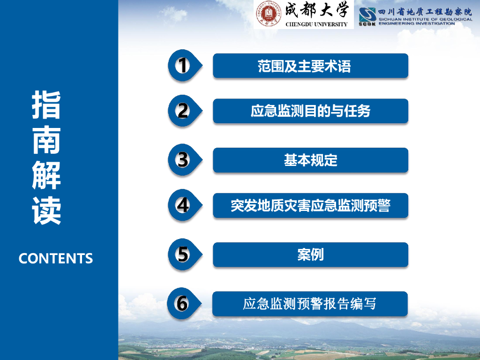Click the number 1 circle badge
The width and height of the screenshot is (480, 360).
tap(182, 65)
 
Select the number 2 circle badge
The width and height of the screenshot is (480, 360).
tap(182, 111)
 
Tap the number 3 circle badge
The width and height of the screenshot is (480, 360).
tap(182, 160)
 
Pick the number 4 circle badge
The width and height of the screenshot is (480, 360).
tap(182, 205)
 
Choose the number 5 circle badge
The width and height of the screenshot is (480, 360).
tap(182, 255)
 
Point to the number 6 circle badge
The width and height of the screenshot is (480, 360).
tap(182, 303)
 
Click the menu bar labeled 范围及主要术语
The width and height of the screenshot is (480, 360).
tap(310, 66)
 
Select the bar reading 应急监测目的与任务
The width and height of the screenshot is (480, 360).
tap(310, 111)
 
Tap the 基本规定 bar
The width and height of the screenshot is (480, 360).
tap(310, 160)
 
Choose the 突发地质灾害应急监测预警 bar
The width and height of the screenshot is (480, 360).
tap(310, 205)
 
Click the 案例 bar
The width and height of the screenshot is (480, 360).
tap(310, 255)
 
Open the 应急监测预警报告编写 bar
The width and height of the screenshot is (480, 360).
tap(310, 304)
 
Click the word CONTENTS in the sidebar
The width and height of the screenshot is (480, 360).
tap(56, 258)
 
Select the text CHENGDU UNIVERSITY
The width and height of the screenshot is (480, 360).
tap(316, 24)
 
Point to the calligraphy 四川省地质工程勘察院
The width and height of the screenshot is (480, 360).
tap(425, 12)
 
